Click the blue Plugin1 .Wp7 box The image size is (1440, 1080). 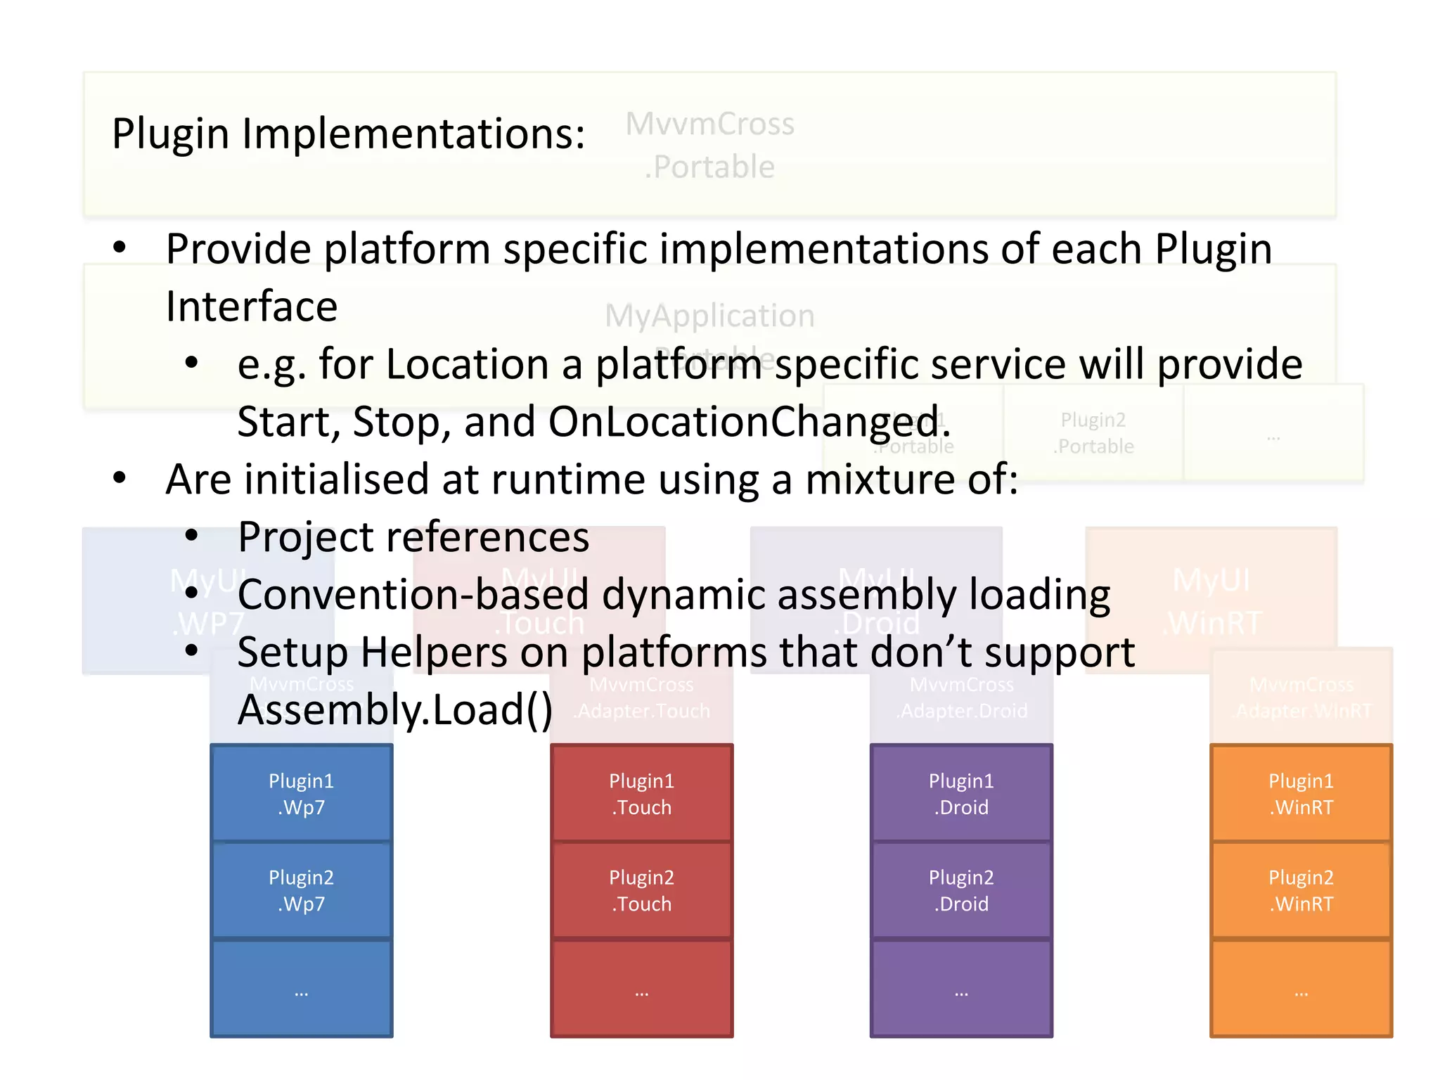[301, 793]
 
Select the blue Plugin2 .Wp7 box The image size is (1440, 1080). [301, 890]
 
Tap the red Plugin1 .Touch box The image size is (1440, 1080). [641, 793]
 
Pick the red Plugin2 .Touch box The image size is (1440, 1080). [641, 890]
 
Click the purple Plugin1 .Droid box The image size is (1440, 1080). [961, 793]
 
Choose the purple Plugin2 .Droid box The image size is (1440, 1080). [961, 890]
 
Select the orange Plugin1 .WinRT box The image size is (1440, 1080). [1301, 793]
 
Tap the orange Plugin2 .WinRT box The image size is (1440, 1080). [1301, 890]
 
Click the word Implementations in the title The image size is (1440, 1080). [413, 134]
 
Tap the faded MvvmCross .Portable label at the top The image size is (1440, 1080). [710, 145]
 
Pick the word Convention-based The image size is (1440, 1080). [413, 595]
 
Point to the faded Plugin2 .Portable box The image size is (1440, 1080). [1093, 433]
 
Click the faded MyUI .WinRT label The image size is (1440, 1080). [1211, 601]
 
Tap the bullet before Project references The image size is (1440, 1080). [191, 536]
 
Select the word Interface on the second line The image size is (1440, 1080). [252, 307]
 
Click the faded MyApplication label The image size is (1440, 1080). [710, 316]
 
